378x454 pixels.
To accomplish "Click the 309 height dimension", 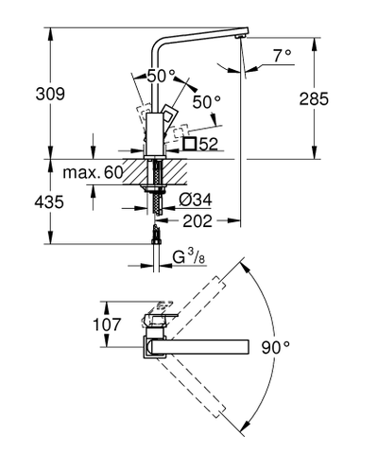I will click(23, 96).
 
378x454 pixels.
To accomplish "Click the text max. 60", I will click(91, 173).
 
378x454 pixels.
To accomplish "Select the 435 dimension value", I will click(23, 202).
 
